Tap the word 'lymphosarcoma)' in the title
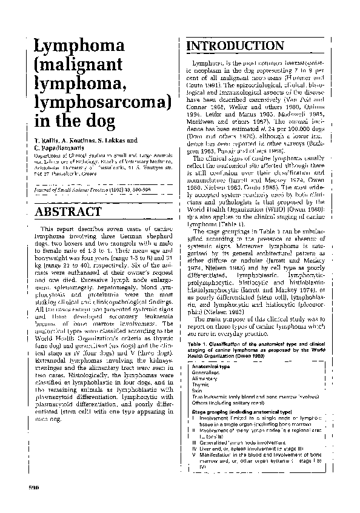point(101,101)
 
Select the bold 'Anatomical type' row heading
point(210,367)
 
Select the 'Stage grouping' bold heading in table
point(207,412)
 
